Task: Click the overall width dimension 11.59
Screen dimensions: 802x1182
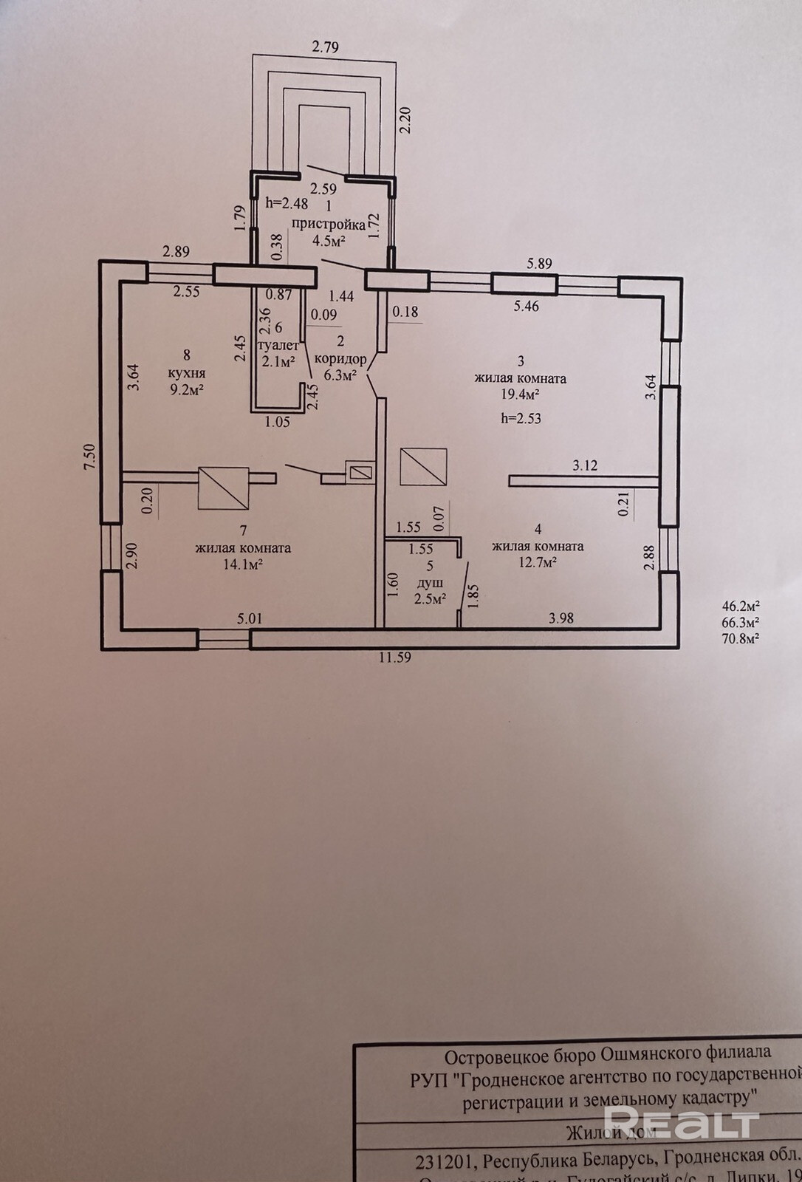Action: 394,657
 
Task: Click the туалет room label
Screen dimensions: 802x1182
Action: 278,345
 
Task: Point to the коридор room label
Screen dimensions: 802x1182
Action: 340,358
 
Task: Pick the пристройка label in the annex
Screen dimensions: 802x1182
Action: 329,224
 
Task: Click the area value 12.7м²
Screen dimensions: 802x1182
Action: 537,562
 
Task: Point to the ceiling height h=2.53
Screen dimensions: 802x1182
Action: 521,418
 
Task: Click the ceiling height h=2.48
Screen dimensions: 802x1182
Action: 287,203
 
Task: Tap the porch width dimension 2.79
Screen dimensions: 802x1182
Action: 325,48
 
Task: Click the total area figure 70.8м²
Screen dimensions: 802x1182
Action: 741,638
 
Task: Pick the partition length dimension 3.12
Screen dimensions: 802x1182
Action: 584,465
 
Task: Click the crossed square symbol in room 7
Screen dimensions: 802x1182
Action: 224,488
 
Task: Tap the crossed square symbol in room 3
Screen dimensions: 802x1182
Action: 423,466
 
